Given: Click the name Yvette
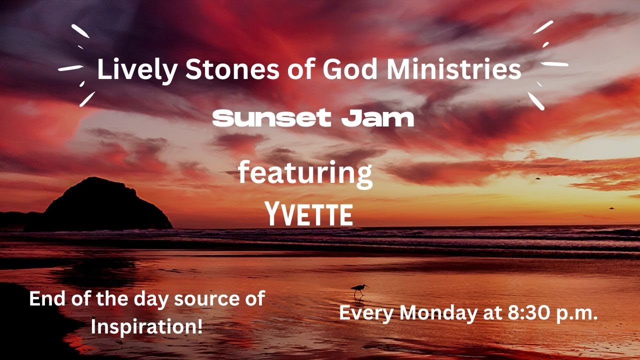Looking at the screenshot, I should click(x=309, y=215).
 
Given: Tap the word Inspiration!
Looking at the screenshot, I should click(x=147, y=327).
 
